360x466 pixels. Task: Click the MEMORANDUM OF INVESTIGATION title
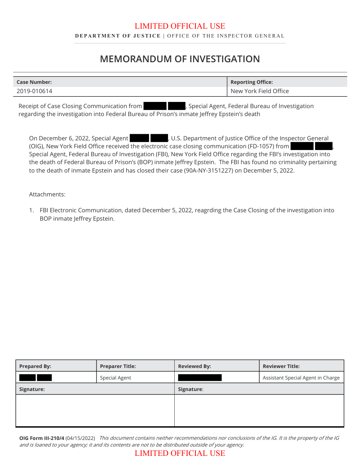[180, 59]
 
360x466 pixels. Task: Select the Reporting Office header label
[251, 82]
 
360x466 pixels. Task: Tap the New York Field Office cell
[259, 91]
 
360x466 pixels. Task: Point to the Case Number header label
[34, 82]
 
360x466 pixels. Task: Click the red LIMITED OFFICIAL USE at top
[180, 26]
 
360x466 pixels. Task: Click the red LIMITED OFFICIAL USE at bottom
[180, 453]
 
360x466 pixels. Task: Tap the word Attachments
[47, 195]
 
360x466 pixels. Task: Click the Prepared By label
[35, 366]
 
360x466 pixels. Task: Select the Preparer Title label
[118, 366]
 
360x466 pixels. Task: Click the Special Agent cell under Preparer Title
[116, 378]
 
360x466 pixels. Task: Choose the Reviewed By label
[195, 366]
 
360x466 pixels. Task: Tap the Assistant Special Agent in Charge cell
[301, 378]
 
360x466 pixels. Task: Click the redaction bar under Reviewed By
[200, 378]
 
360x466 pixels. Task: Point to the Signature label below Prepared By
[32, 389]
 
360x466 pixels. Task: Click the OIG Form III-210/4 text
[41, 438]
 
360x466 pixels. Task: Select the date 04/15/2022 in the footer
[80, 438]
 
